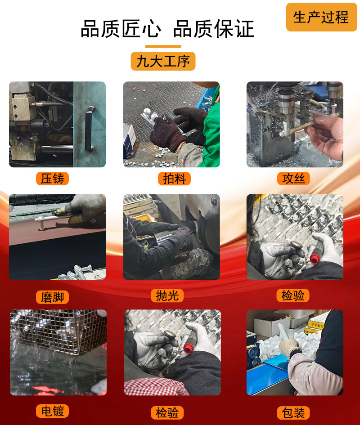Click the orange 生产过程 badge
point(321,17)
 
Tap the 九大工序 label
point(163,61)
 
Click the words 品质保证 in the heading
point(214,29)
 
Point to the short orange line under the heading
point(163,46)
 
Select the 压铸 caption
point(52,179)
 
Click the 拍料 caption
point(175,179)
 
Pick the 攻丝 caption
point(293,179)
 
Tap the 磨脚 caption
point(52,297)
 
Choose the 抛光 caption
point(167,295)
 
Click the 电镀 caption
point(52,411)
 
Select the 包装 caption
point(293,413)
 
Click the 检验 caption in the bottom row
point(167,413)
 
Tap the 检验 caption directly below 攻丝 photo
point(293,295)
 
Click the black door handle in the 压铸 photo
point(89,128)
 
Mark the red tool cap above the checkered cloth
point(188,348)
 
